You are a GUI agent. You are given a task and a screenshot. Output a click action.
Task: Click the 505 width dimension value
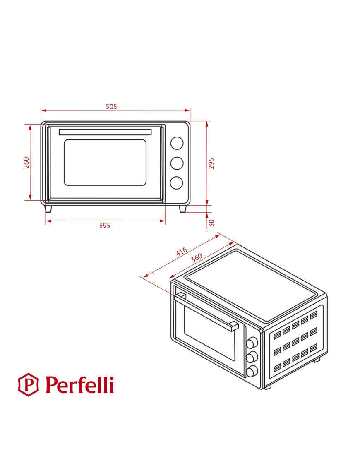(111, 107)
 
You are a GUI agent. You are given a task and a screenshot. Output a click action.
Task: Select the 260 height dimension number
(26, 162)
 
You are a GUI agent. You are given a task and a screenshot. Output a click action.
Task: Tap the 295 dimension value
(211, 163)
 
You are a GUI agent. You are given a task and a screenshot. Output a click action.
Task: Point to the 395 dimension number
(105, 226)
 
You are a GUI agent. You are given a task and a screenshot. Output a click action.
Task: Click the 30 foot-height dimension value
(211, 223)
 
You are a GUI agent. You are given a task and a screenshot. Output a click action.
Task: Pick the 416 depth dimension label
(181, 252)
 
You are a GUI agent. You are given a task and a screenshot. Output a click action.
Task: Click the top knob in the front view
(177, 143)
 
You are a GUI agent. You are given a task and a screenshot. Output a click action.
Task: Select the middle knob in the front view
(177, 163)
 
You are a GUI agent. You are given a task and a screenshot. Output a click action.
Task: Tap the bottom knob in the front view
(177, 182)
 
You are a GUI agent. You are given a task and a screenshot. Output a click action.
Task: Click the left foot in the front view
(48, 209)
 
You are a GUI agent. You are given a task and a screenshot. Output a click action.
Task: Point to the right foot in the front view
(182, 209)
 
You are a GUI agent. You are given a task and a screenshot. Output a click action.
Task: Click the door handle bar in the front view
(105, 132)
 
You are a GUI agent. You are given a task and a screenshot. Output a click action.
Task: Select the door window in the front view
(105, 162)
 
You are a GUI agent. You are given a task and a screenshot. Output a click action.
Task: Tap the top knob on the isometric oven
(252, 343)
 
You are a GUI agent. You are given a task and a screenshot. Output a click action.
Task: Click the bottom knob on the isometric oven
(252, 371)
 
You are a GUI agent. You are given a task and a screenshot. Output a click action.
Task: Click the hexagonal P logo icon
(28, 384)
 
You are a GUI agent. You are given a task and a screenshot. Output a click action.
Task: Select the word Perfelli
(79, 385)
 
